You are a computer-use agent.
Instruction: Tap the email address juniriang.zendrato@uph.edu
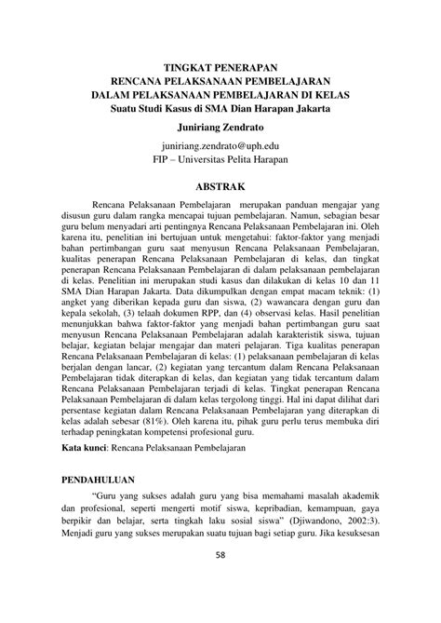point(220,148)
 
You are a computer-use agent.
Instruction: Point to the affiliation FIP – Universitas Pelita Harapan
point(220,162)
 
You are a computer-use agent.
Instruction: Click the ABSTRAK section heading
point(220,187)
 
